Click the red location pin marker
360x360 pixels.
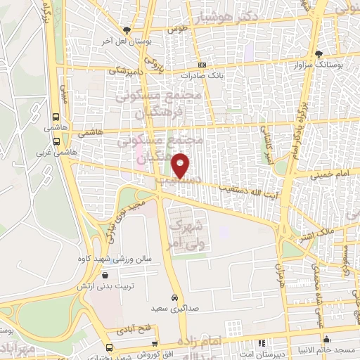click(181, 165)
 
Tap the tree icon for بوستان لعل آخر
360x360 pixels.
click(127, 30)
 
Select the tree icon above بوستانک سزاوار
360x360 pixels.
click(319, 54)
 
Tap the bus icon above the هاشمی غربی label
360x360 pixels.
click(56, 118)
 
